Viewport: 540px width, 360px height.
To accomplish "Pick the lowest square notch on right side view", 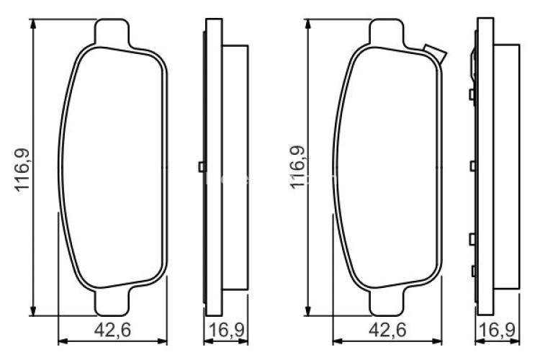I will click(x=472, y=271).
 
